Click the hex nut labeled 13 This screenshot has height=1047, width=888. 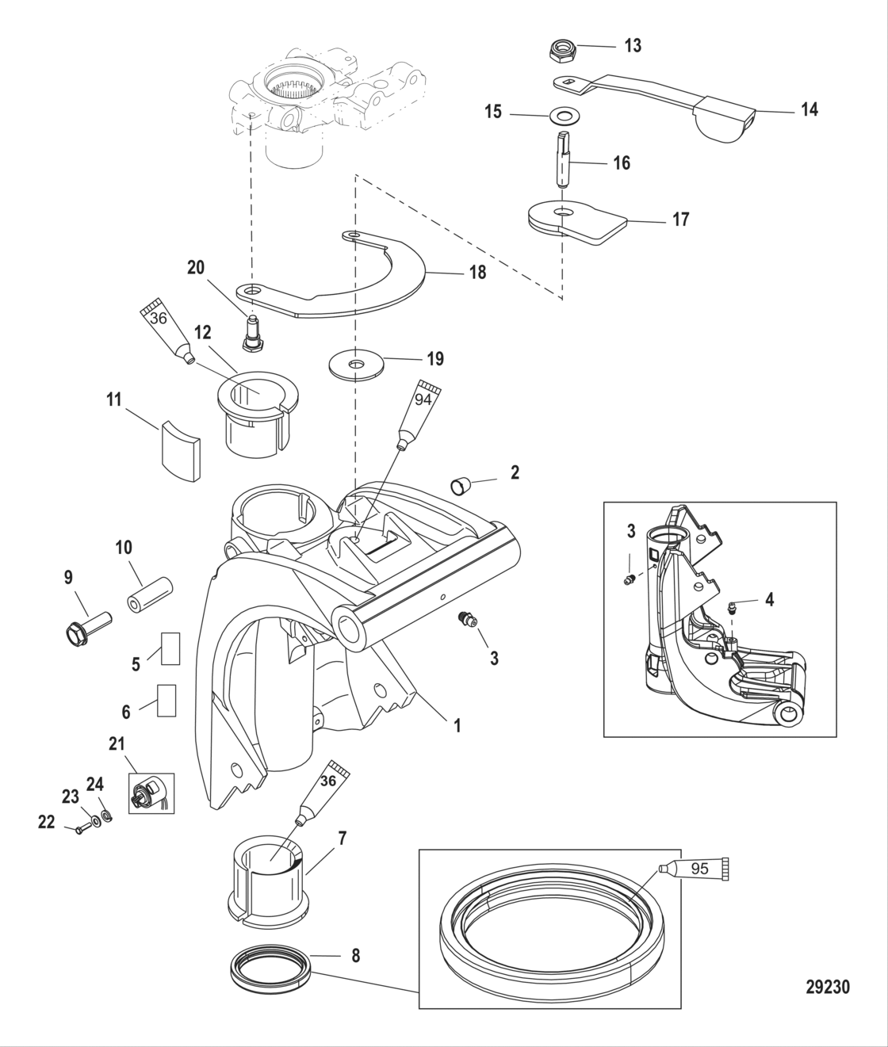[563, 52]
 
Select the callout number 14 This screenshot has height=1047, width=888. [808, 109]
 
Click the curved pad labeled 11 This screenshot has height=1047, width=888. [178, 451]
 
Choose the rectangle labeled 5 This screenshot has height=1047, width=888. [169, 648]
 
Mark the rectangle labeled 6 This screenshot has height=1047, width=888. [167, 701]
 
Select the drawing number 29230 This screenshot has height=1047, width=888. [827, 987]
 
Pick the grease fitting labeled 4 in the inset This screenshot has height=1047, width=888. [733, 608]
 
